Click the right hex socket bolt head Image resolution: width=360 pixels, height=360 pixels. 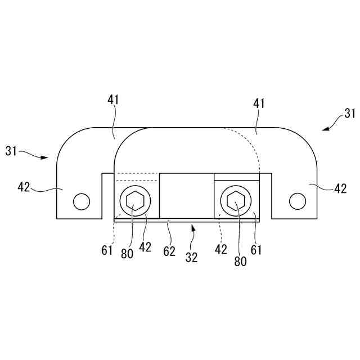coord(236,200)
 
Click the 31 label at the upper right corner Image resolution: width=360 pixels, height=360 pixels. coord(349,113)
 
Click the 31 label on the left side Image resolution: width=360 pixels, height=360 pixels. coord(12,151)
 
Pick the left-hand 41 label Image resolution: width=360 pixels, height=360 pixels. coord(113,101)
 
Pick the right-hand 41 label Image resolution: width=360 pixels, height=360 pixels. coord(259,104)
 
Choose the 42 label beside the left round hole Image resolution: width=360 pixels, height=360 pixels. coord(24,187)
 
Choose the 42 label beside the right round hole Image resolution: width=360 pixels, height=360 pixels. coord(340,189)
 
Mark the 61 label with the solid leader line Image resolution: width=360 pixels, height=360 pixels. coord(256,249)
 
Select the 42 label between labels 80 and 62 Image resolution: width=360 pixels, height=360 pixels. coord(146,246)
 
